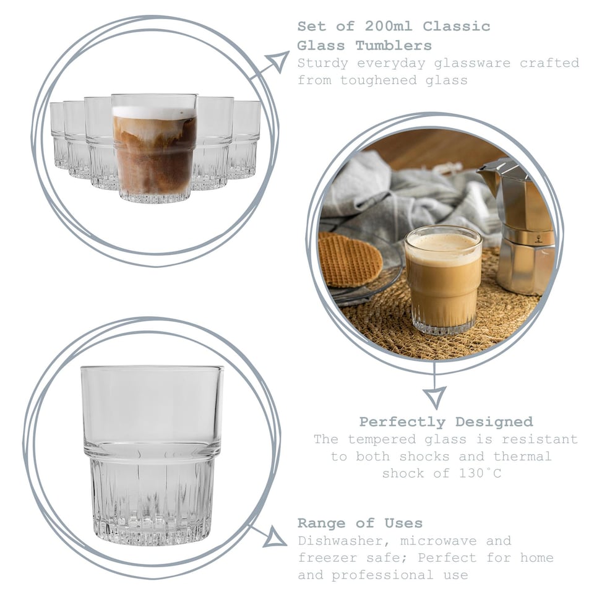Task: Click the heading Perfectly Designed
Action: point(445,422)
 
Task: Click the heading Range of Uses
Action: point(359,523)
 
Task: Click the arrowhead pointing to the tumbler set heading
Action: point(277,61)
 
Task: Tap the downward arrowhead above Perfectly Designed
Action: point(434,396)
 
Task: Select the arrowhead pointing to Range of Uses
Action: point(274,537)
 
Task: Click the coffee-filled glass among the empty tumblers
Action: point(154,148)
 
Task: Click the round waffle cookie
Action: point(350,259)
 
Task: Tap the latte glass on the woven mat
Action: point(442,278)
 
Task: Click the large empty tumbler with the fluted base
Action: point(152,455)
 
